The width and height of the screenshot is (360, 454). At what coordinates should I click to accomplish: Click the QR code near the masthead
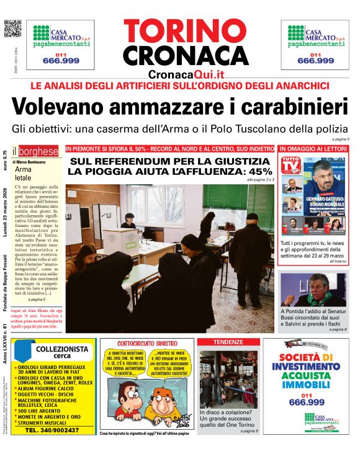(x=12, y=29)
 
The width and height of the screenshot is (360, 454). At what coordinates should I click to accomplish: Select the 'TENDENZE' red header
(x=228, y=342)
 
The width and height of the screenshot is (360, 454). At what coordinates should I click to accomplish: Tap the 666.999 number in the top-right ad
(x=315, y=60)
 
